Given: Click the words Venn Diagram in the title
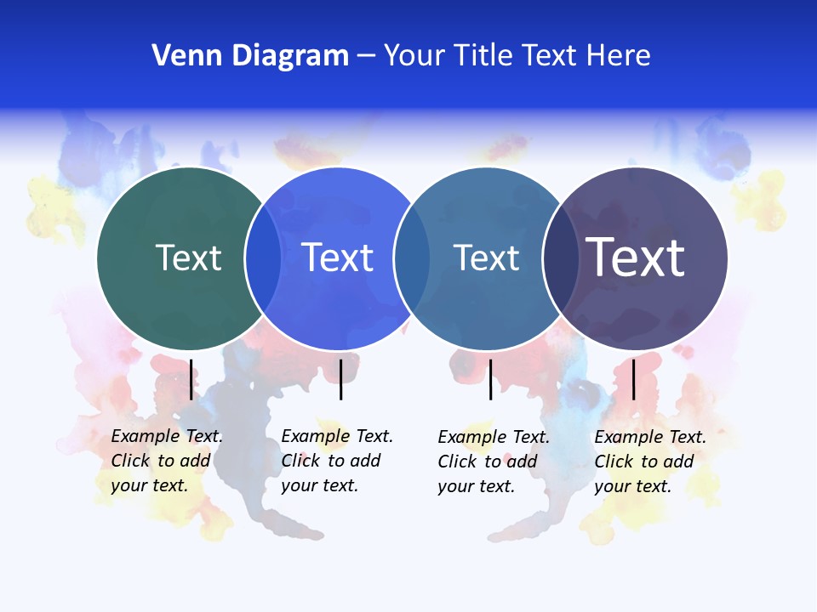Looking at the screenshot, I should click(250, 56).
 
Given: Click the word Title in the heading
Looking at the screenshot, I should click(482, 56).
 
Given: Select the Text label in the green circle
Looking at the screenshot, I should click(189, 258).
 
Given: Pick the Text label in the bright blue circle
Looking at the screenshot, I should click(338, 258).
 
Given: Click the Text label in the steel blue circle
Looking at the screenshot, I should click(486, 258).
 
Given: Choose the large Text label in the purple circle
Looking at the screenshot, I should click(636, 258).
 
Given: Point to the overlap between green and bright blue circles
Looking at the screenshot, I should click(263, 258).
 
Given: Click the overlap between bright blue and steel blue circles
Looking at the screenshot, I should click(411, 258).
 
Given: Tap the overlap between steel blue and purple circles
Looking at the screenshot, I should click(558, 258).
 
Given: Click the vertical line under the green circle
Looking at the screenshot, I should click(191, 379).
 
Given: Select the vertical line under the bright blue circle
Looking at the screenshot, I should click(340, 379).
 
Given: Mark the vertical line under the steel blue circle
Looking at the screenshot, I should click(490, 379).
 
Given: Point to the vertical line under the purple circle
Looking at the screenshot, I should click(633, 379).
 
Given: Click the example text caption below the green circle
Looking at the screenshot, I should click(166, 461).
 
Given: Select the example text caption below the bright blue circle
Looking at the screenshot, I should click(336, 461).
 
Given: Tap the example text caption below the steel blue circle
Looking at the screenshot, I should click(493, 462).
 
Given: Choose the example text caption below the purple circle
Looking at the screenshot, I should click(649, 462).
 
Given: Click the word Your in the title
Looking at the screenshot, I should click(414, 56).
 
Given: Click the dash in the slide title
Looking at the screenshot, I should click(366, 56).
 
